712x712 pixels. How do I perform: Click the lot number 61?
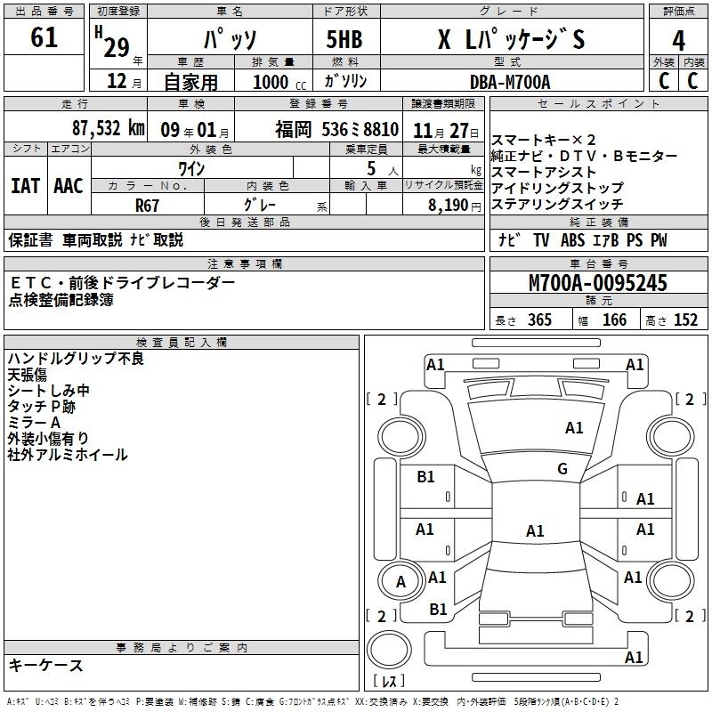(44, 39)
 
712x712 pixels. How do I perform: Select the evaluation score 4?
(678, 41)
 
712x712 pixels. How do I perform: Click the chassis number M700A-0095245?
(597, 284)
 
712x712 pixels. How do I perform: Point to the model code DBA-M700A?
(510, 81)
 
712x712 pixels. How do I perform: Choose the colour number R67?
(148, 205)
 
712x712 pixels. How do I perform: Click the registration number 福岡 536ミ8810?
(336, 127)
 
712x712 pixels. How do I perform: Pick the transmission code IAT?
(25, 186)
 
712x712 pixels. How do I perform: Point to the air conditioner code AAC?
(68, 186)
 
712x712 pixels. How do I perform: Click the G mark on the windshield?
(562, 469)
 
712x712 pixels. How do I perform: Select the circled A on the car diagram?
(400, 582)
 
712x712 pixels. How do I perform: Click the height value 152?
(685, 320)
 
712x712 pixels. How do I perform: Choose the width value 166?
(614, 320)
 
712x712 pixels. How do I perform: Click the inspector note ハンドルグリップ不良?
(76, 359)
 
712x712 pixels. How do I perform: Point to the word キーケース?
(46, 665)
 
